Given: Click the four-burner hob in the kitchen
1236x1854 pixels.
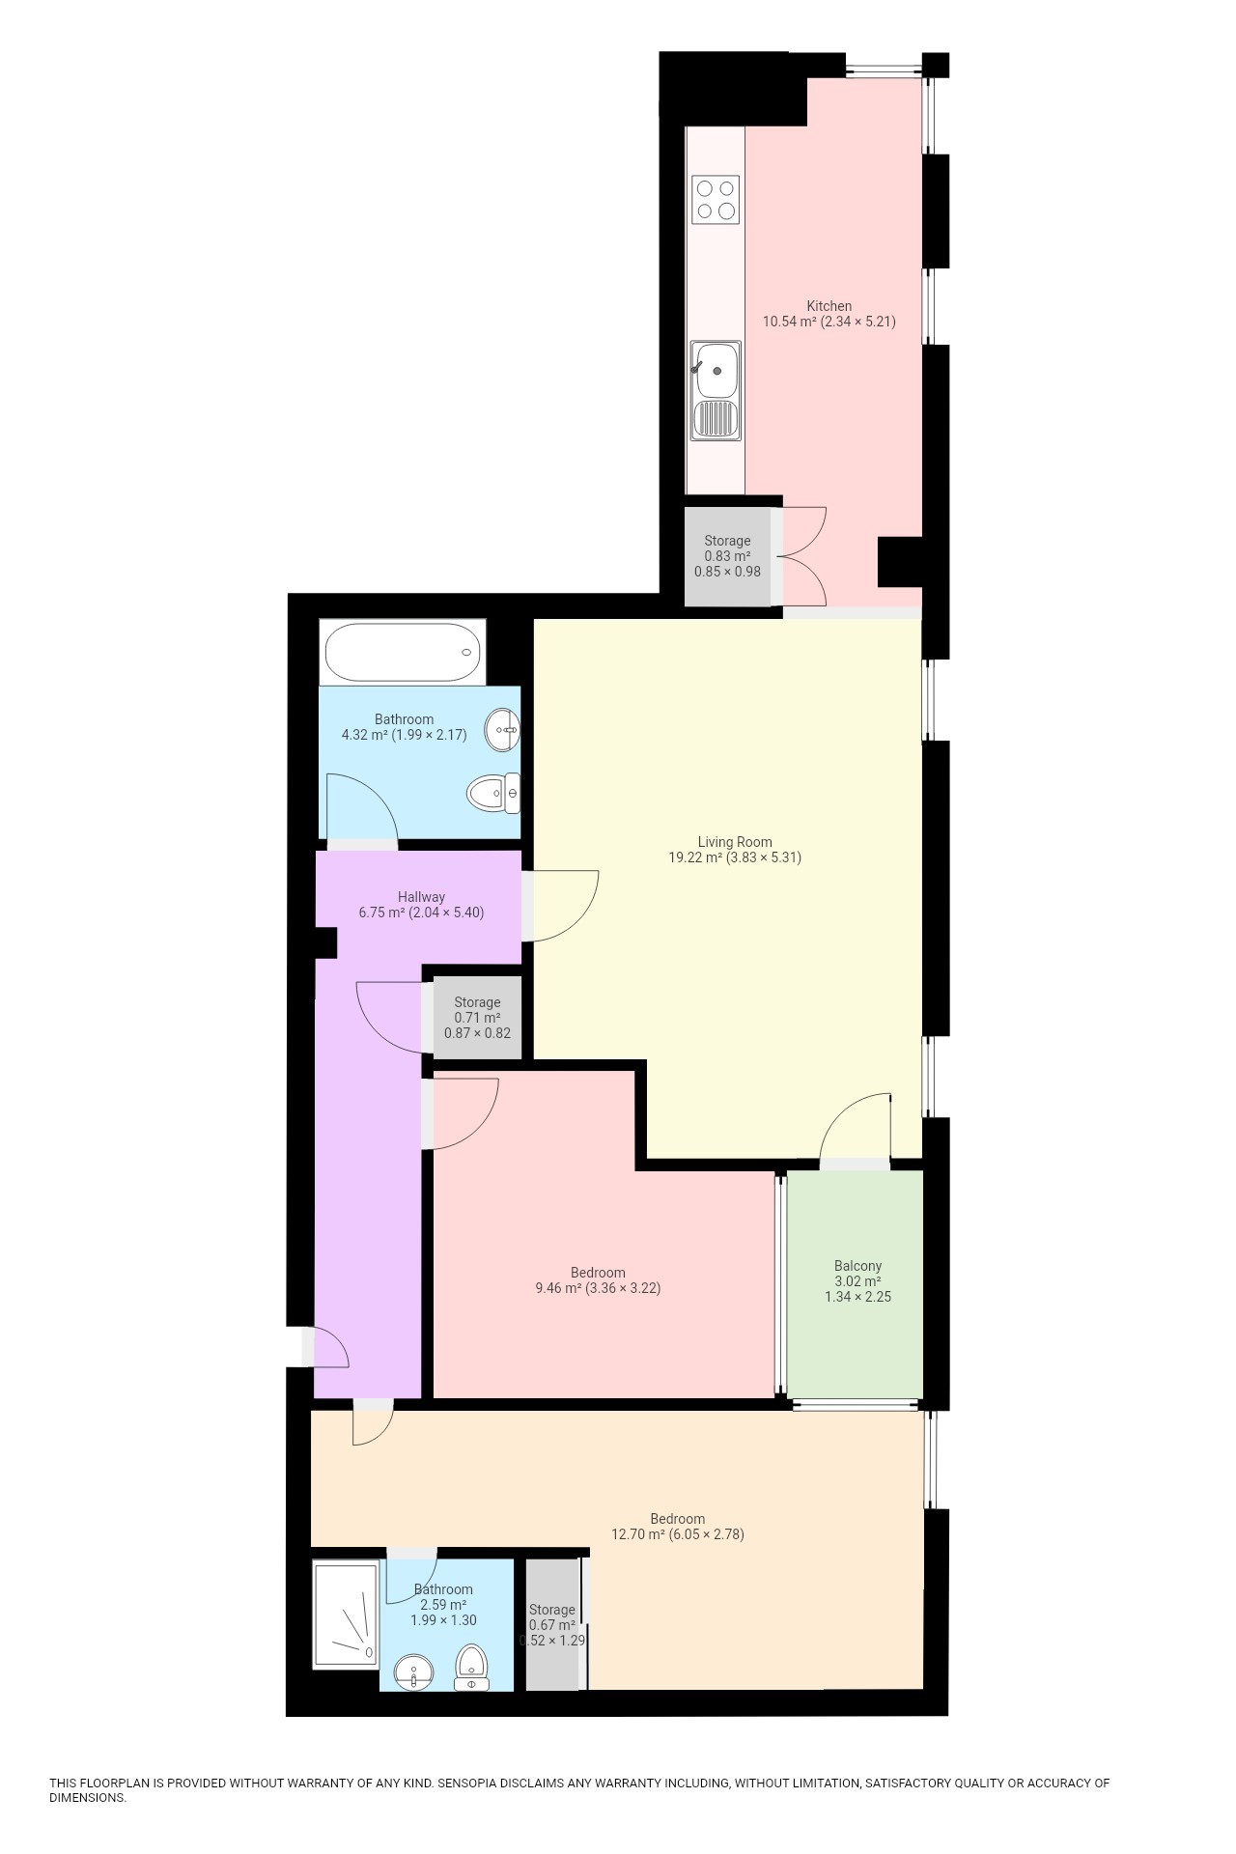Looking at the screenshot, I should (x=716, y=200).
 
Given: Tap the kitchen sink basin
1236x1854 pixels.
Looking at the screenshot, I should (x=716, y=370).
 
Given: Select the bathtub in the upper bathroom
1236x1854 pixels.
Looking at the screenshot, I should (x=403, y=652).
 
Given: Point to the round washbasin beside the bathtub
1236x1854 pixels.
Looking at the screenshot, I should (x=502, y=730).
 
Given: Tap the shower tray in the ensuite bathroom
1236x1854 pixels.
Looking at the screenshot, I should (x=345, y=1615).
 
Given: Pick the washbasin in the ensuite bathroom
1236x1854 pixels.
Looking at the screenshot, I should (x=414, y=1673).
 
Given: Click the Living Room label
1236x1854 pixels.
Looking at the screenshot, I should (x=735, y=842).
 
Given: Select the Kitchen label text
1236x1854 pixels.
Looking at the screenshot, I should (x=829, y=306).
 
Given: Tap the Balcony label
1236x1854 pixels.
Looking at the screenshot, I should (x=857, y=1266).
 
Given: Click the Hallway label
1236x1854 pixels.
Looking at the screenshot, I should (x=421, y=897).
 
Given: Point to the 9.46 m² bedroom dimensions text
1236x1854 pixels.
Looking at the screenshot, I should (x=598, y=1288).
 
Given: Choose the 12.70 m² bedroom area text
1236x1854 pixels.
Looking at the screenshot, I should (x=677, y=1534).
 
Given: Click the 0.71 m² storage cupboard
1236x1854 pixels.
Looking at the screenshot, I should (x=477, y=1018).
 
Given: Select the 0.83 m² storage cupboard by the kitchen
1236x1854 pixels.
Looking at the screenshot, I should (x=727, y=556).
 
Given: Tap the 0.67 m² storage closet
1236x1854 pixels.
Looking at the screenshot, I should (x=551, y=1624).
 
